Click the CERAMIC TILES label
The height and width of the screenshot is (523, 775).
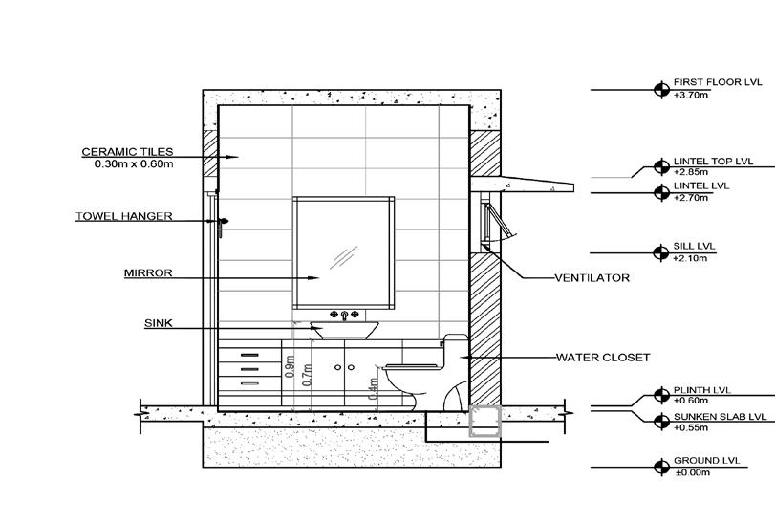[127, 151]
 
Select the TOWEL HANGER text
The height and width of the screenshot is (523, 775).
[124, 216]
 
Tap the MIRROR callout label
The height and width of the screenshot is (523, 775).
[148, 273]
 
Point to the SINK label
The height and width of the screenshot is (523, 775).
[158, 323]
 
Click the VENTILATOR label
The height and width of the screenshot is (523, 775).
[592, 278]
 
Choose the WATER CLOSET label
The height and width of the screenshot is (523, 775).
[603, 358]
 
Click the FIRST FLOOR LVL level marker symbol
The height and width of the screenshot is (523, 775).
[660, 89]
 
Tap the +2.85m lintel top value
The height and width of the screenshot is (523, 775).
[690, 172]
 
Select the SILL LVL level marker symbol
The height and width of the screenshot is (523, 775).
[660, 252]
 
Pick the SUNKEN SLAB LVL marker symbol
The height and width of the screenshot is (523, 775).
[660, 422]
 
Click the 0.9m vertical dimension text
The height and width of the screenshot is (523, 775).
[289, 365]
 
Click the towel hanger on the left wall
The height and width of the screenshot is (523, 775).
[223, 226]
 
